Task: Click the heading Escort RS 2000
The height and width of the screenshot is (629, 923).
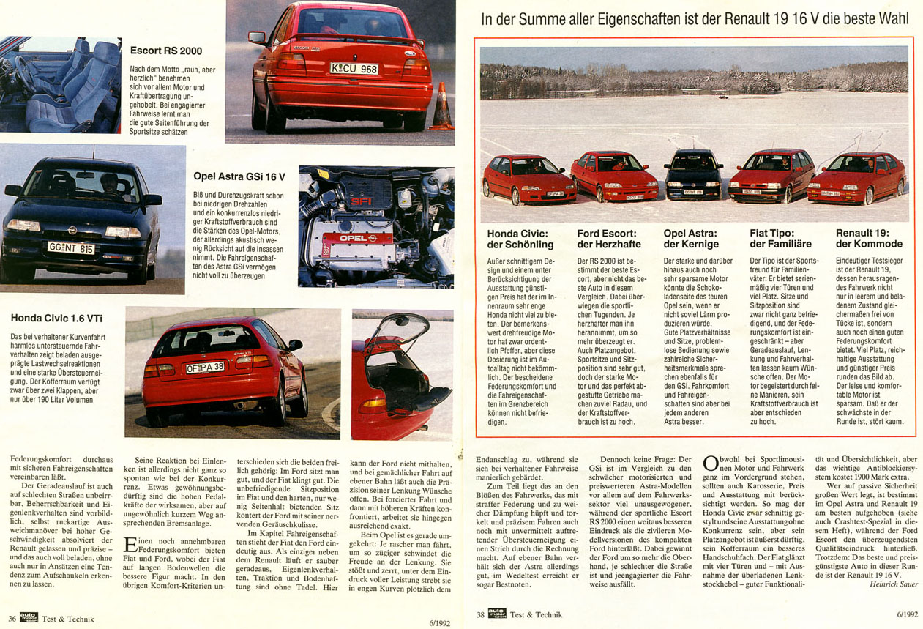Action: tap(166, 51)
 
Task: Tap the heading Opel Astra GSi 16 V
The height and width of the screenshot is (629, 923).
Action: tap(239, 176)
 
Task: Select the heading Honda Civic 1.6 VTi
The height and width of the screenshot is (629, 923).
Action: tap(56, 318)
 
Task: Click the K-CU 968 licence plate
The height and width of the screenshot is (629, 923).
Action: tap(354, 69)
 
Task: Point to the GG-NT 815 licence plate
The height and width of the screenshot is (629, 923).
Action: tap(71, 247)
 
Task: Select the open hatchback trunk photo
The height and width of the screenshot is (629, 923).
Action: tap(401, 374)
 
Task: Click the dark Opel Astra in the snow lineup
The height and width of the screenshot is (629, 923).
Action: tap(693, 174)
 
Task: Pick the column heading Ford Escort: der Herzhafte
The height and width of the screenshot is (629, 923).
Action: tap(608, 239)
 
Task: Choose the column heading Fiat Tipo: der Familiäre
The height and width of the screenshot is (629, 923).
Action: tap(782, 239)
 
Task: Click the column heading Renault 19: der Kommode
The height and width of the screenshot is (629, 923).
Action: tap(869, 239)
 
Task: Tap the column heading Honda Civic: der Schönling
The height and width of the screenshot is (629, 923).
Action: tap(520, 239)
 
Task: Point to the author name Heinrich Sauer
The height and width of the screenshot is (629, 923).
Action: tap(894, 584)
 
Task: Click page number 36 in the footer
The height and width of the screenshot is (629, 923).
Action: tap(12, 619)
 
